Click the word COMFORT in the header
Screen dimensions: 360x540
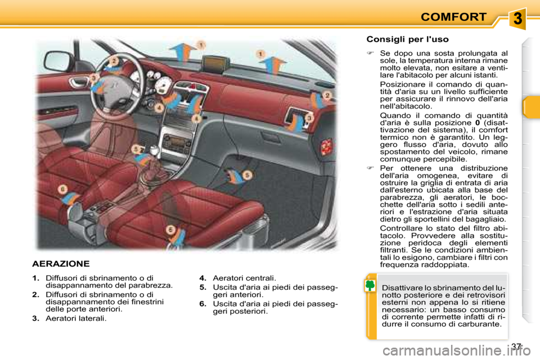point(453,17)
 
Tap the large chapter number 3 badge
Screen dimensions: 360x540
point(518,19)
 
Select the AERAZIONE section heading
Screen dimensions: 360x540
point(61,263)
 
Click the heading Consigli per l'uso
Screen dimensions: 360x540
point(407,39)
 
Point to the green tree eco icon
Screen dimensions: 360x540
point(370,286)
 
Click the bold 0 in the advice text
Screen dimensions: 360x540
point(477,123)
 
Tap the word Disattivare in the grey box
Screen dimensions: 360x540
point(401,289)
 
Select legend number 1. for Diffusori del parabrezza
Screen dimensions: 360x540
point(36,277)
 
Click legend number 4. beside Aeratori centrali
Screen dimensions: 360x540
point(203,277)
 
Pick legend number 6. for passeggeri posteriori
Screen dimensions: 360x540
point(203,304)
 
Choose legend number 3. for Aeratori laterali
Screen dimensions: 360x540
point(36,319)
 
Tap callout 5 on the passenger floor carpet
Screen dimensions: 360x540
point(247,175)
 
